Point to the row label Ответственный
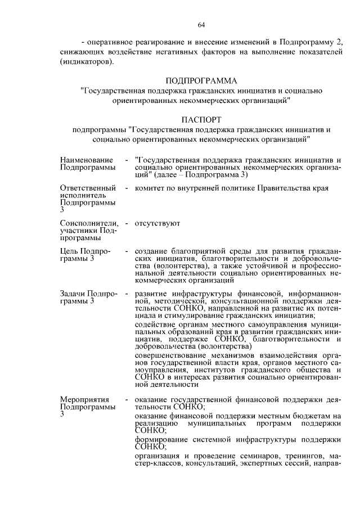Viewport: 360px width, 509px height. click(x=87, y=188)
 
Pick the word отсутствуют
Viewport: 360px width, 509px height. click(x=157, y=223)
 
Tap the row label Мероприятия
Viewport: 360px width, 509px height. click(x=84, y=399)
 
